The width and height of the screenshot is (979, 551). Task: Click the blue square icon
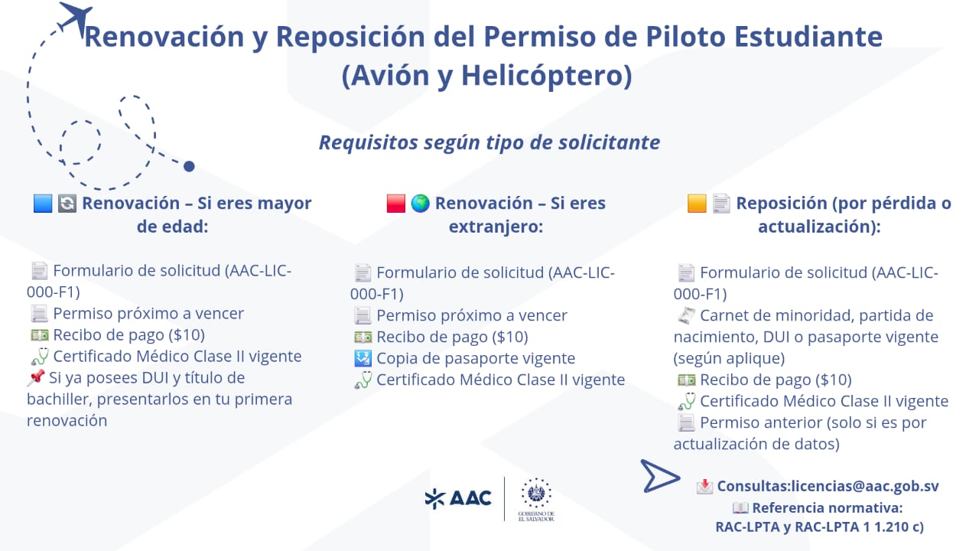pyautogui.click(x=43, y=204)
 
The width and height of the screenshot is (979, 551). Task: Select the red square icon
pyautogui.click(x=396, y=204)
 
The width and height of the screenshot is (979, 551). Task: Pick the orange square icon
pyautogui.click(x=697, y=204)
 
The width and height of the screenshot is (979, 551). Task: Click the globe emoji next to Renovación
pyautogui.click(x=420, y=204)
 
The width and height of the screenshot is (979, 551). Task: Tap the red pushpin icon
pyautogui.click(x=36, y=377)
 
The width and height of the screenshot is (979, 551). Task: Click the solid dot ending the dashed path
pyautogui.click(x=189, y=166)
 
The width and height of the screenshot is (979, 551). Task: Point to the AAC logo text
pyautogui.click(x=470, y=498)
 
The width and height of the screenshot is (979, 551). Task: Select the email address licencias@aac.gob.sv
pyautogui.click(x=865, y=486)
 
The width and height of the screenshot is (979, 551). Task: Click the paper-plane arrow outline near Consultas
pyautogui.click(x=660, y=476)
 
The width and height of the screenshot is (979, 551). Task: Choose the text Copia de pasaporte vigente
pyautogui.click(x=476, y=359)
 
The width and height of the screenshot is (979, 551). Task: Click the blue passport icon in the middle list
pyautogui.click(x=363, y=358)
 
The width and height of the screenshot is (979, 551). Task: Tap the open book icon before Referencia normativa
pyautogui.click(x=740, y=508)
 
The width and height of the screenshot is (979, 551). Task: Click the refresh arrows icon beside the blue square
pyautogui.click(x=67, y=204)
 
